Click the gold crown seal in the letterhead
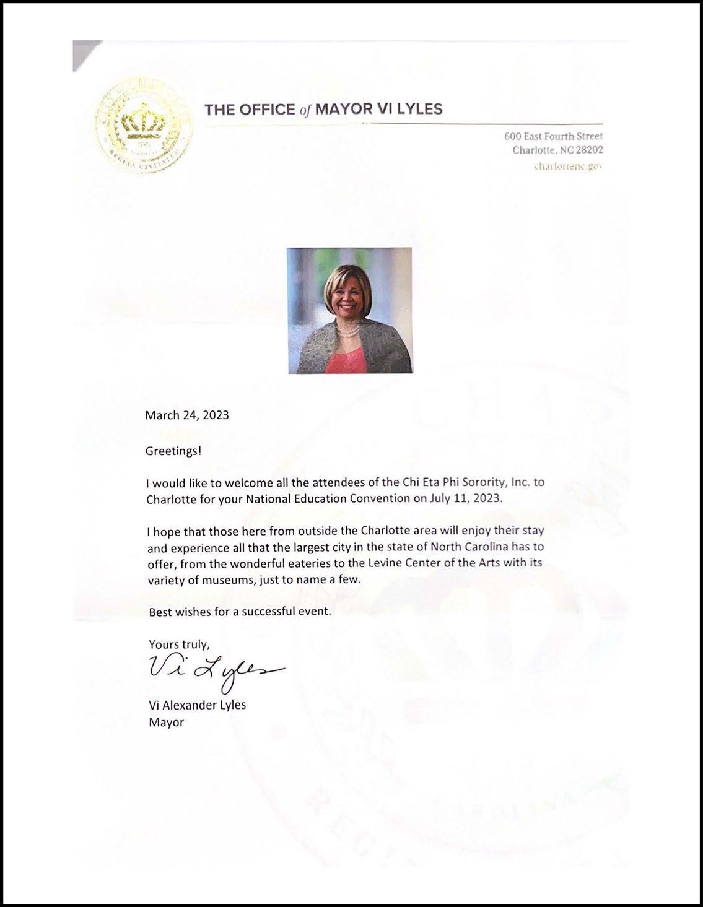coord(144,126)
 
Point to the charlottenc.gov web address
coord(568,166)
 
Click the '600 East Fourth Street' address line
coord(554,136)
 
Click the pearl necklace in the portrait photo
coord(351,332)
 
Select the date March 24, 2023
coord(187,415)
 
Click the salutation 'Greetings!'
coord(173,451)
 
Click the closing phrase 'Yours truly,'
coord(179,644)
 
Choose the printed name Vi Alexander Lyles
coord(197,705)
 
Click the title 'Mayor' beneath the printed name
coord(166,722)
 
